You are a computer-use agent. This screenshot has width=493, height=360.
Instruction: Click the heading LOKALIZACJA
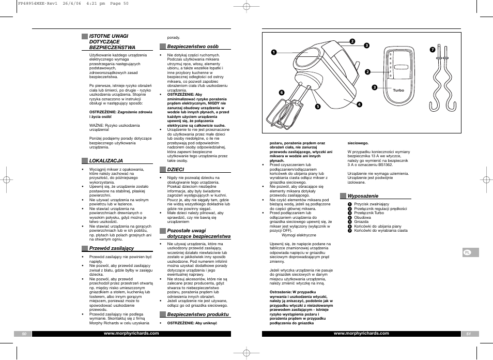tap(105, 161)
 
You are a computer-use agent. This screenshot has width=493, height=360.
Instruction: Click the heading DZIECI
tap(175, 169)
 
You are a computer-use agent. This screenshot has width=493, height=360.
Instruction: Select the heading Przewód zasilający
tap(112, 248)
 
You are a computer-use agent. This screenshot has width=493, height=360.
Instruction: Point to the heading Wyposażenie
tap(363, 196)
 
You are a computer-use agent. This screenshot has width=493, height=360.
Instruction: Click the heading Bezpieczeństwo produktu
tap(197, 314)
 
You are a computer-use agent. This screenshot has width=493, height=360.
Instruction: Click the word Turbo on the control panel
tap(398, 91)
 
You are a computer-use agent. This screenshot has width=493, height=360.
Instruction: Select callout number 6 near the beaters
tap(282, 92)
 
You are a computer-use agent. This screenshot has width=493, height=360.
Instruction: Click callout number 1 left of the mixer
tap(274, 52)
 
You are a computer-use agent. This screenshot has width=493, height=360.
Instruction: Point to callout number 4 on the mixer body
tap(359, 104)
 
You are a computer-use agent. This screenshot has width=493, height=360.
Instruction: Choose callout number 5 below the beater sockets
tap(318, 107)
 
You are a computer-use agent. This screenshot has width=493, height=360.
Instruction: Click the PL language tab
tap(467, 252)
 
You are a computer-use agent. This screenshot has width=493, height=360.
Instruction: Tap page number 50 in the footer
tap(23, 334)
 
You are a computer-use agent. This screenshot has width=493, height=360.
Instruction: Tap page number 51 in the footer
tap(468, 334)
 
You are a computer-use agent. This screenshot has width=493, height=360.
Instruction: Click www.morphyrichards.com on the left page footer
tap(131, 334)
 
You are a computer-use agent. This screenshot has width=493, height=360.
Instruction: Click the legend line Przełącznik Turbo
tap(368, 213)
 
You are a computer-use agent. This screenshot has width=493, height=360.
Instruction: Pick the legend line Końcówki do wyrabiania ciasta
tap(380, 231)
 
